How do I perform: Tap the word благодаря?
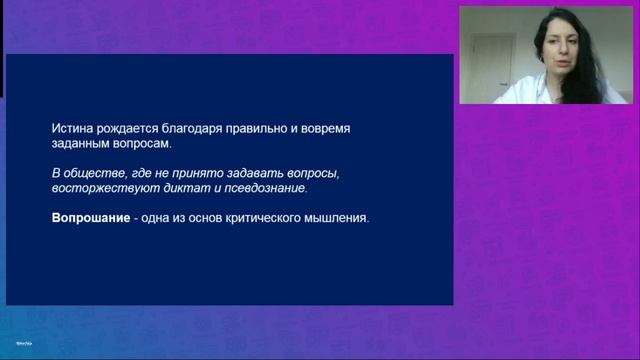(198, 130)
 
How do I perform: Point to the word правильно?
(265, 130)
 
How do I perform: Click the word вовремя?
(345, 130)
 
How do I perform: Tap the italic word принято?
(215, 173)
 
